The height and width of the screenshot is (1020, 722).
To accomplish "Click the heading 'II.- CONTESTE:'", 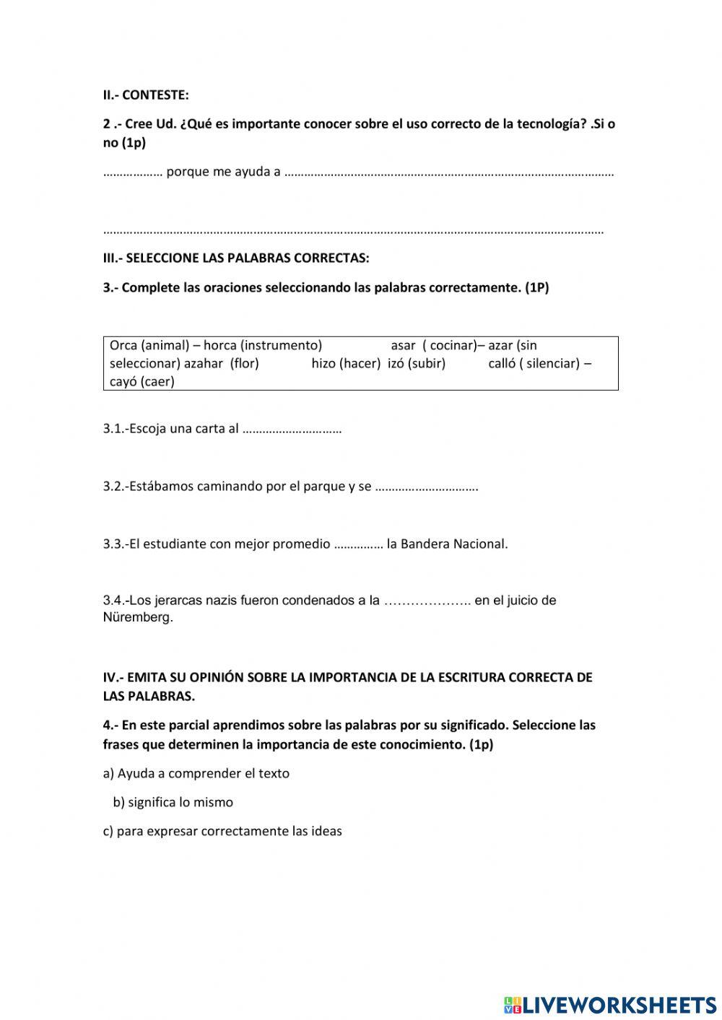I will coord(146,95).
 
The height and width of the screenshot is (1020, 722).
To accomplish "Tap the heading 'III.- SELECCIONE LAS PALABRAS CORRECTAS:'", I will coord(236,258).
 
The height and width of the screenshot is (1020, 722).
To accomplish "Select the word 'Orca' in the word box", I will coord(123,345).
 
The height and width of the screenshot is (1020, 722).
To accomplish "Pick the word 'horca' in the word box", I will coord(219,345).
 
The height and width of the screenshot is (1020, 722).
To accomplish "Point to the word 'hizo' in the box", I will coord(323,363).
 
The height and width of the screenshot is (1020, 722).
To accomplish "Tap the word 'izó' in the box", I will coord(396,363).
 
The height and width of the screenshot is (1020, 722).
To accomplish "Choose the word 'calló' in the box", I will coord(501,363).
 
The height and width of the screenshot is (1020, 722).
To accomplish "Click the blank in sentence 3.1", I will coord(292,430).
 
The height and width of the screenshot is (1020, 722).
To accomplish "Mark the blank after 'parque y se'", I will coord(427,487).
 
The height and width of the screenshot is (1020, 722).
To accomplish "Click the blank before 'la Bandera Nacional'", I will coord(359,545).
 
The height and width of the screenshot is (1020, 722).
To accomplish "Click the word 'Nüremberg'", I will coord(137,618).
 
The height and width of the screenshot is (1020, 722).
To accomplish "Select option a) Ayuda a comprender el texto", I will coord(196,773).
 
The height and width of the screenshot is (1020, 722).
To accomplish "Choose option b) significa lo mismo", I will coord(173,802).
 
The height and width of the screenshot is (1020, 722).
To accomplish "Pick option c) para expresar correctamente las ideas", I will coord(222,831).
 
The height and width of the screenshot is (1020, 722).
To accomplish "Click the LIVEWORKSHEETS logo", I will coord(610,1004).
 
